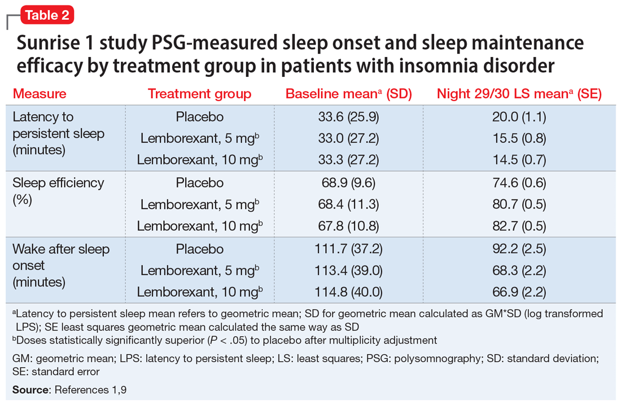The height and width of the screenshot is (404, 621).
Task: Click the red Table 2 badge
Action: click(x=47, y=15)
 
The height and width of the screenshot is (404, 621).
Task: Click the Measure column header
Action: click(x=40, y=94)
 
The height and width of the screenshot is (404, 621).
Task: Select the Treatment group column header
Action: click(x=199, y=94)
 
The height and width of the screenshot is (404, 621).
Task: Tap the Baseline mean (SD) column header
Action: click(x=348, y=94)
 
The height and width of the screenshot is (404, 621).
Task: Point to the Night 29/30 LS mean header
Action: click(x=519, y=94)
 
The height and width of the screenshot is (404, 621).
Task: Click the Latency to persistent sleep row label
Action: click(x=59, y=134)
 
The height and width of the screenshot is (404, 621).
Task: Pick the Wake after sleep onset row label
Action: click(x=61, y=265)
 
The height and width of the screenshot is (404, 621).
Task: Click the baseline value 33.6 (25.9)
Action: click(x=348, y=117)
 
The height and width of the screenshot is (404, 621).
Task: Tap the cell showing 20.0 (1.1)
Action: click(x=519, y=117)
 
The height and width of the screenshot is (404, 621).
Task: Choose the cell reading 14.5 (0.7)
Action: click(x=519, y=160)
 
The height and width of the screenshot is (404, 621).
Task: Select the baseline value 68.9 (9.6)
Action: click(x=348, y=183)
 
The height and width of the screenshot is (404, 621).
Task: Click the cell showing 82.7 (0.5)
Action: click(x=519, y=226)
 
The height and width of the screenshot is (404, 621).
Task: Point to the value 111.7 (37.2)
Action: click(x=348, y=249)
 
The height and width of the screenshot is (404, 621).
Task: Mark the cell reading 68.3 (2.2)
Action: click(x=519, y=271)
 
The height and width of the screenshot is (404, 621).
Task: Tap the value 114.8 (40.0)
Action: click(x=348, y=292)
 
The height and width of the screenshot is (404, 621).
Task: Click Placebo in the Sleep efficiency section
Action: click(x=199, y=183)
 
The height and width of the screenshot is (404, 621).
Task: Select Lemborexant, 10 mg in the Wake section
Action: click(x=199, y=292)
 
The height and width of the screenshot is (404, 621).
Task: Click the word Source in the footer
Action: click(x=29, y=390)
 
